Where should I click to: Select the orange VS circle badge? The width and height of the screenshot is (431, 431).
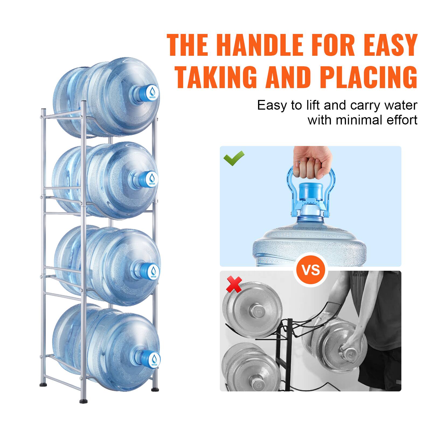311,269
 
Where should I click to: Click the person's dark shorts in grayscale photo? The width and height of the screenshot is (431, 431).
383,361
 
